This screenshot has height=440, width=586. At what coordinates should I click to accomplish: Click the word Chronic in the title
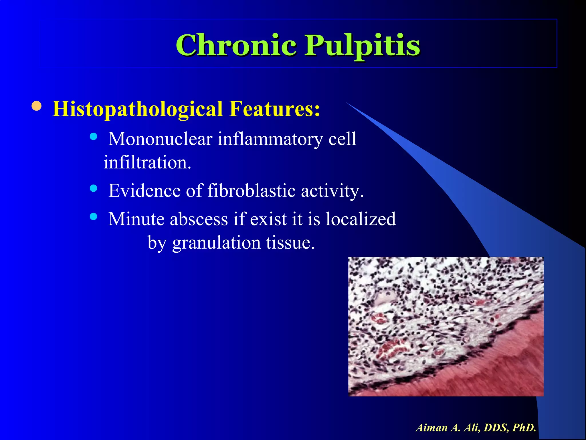click(236, 45)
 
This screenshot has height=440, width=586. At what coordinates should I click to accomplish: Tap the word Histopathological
click(138, 109)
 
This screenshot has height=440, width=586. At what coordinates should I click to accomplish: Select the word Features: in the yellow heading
click(275, 109)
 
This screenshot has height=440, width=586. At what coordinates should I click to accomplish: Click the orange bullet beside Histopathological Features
click(37, 106)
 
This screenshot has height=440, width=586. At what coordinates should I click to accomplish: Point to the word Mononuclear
click(160, 139)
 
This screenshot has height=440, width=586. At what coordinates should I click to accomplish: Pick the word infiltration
click(147, 162)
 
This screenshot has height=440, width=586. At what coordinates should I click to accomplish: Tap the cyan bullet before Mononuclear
click(93, 136)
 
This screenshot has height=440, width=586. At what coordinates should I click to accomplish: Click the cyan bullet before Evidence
click(93, 188)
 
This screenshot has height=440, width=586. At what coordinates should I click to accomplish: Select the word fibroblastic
click(251, 191)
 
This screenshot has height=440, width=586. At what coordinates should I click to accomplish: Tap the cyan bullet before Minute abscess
click(93, 217)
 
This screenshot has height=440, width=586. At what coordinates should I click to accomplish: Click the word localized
click(361, 219)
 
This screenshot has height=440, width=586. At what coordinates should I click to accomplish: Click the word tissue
click(290, 243)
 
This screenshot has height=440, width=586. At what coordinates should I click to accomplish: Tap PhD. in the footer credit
click(524, 428)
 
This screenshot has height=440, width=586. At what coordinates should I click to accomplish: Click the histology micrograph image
click(446, 327)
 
